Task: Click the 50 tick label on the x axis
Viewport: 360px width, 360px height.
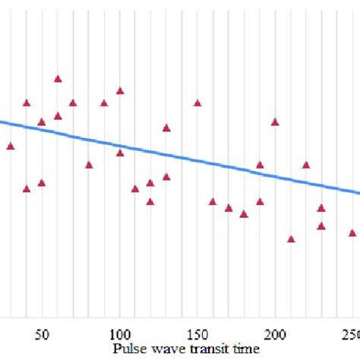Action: [43, 334]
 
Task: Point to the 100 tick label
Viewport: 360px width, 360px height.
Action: [120, 334]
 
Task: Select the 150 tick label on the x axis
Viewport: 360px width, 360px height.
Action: [197, 334]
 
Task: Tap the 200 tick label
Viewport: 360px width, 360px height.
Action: [275, 334]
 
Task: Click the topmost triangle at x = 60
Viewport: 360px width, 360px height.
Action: [58, 79]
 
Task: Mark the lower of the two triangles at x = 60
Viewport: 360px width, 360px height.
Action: [58, 116]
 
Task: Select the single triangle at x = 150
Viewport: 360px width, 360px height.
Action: [197, 103]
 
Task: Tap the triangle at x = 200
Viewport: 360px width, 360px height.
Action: [275, 122]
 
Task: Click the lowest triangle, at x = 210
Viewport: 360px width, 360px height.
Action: [291, 239]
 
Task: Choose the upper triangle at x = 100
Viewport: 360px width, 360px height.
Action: [120, 91]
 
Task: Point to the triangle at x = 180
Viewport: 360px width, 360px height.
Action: [244, 214]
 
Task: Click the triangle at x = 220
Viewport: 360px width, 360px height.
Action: [306, 165]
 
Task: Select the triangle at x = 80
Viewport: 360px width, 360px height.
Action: [89, 165]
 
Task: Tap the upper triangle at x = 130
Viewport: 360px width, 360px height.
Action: [166, 128]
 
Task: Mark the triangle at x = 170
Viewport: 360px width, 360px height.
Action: [229, 208]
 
